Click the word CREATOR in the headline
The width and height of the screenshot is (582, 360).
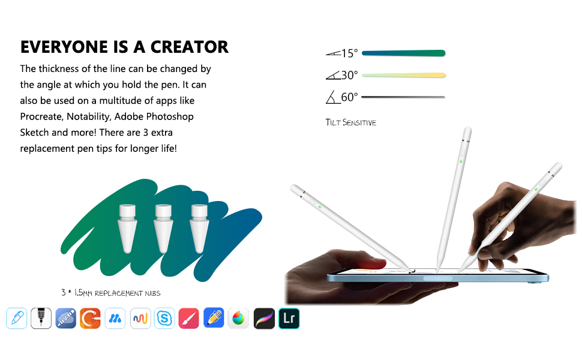pyautogui.click(x=189, y=47)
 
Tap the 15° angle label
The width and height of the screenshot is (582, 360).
pyautogui.click(x=349, y=53)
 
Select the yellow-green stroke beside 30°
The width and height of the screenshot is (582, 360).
pyautogui.click(x=403, y=76)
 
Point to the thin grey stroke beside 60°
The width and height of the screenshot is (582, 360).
pyautogui.click(x=403, y=97)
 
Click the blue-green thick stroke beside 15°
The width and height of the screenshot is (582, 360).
pyautogui.click(x=403, y=53)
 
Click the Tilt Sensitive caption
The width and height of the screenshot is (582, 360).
pyautogui.click(x=351, y=122)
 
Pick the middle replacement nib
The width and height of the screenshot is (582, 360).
pyautogui.click(x=163, y=228)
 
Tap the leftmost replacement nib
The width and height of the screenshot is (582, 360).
pyautogui.click(x=127, y=228)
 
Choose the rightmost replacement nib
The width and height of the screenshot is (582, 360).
pyautogui.click(x=199, y=228)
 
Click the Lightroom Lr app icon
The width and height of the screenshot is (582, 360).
pyautogui.click(x=289, y=319)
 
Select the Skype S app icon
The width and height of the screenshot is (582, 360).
pyautogui.click(x=164, y=319)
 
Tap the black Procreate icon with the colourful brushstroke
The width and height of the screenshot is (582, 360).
pyautogui.click(x=264, y=319)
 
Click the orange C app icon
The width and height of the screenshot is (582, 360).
pyautogui.click(x=90, y=319)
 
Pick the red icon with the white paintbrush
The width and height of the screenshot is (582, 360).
pyautogui.click(x=189, y=319)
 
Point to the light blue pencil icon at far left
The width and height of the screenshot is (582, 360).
pyautogui.click(x=17, y=319)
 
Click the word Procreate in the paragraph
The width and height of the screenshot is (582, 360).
pyautogui.click(x=41, y=116)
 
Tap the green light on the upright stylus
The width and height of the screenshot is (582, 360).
pyautogui.click(x=461, y=162)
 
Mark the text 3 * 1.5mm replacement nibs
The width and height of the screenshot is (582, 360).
pyautogui.click(x=111, y=293)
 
